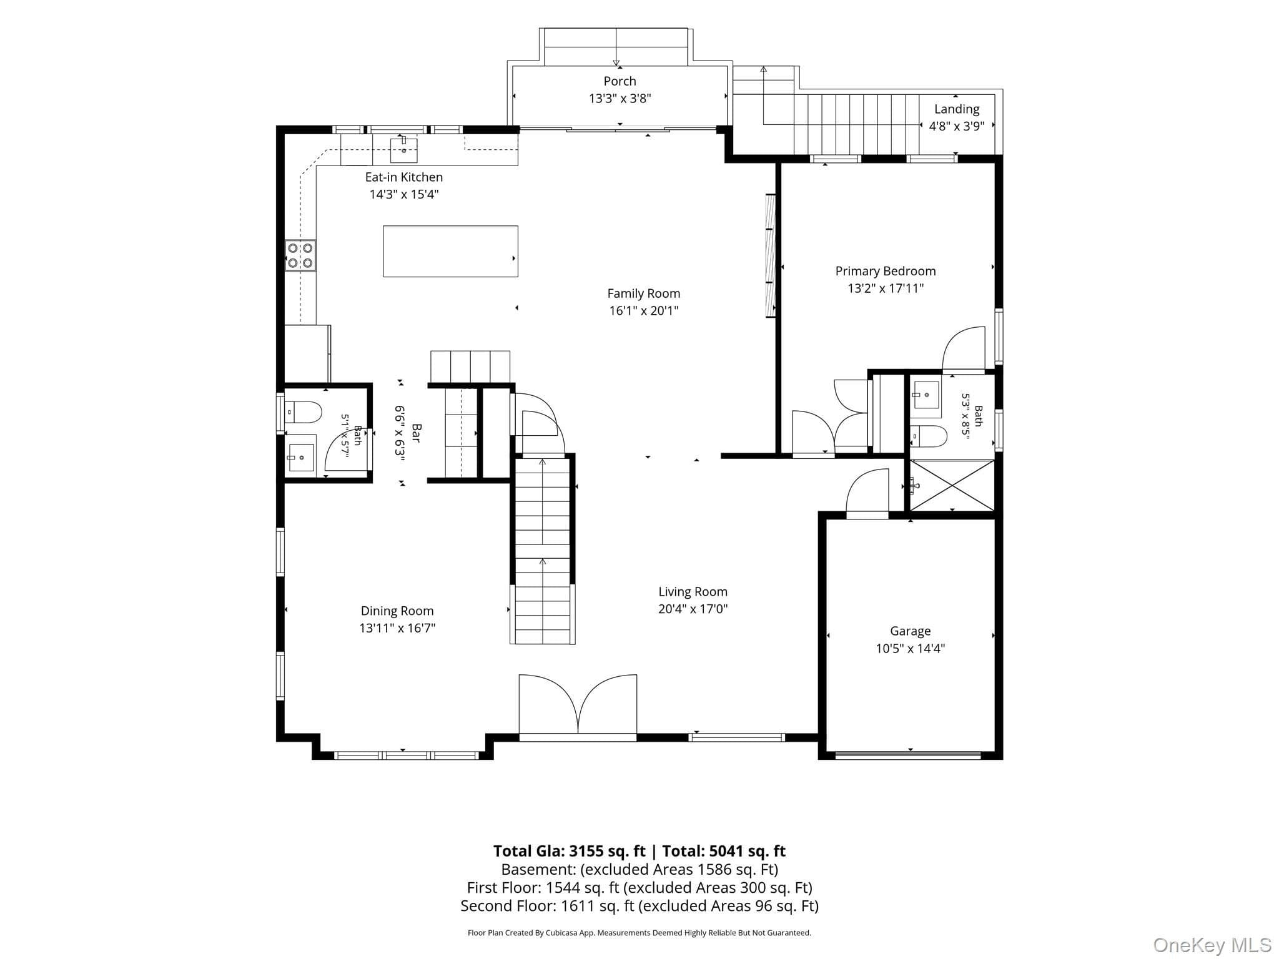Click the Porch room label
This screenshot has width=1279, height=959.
pos(620,81)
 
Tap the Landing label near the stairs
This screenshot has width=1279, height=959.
pos(956,109)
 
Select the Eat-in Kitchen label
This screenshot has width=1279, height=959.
pos(404,177)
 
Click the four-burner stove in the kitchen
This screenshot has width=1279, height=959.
pos(300,255)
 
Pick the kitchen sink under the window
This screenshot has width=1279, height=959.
pos(403,150)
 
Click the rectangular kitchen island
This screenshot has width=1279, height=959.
pos(450,251)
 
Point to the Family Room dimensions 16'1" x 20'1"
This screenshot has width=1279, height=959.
pos(644,310)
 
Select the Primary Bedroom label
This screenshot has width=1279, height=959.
pos(886,271)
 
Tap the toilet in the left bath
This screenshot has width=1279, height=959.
pos(303,412)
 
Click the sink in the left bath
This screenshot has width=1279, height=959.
pos(300,457)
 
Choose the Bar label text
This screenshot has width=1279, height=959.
pos(417,433)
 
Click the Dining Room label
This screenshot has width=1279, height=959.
pos(397,611)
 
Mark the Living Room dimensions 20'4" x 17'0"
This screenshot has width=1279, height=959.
pos(693,609)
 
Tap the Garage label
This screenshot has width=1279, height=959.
pos(910,631)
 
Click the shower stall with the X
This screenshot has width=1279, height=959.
pos(952,485)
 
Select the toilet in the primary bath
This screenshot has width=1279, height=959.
pos(928,436)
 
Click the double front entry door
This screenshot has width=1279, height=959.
pos(578,707)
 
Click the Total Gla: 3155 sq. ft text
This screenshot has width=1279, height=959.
pos(569,851)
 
